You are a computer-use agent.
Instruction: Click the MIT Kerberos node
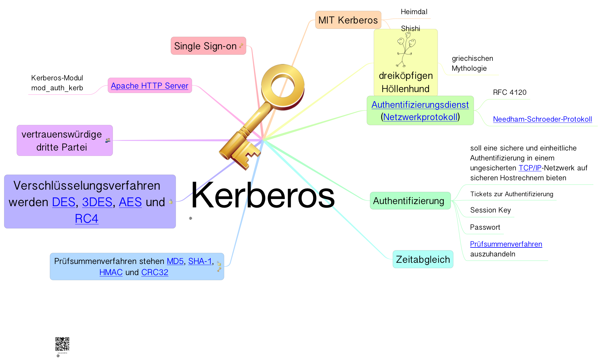coord(348,20)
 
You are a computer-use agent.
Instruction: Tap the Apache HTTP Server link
coord(149,86)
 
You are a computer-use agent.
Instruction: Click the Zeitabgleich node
coord(423,259)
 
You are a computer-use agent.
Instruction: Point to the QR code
coord(62,344)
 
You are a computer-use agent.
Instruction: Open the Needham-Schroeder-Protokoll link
coord(542,119)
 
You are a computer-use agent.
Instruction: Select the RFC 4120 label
coord(510,92)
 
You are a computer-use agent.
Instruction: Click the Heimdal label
coord(414,12)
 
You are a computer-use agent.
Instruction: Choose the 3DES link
coord(97,202)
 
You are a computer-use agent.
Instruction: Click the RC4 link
coord(87,219)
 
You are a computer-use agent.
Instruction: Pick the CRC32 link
coord(155,272)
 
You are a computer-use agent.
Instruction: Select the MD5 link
coord(175,261)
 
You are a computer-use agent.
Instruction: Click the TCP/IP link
coord(530,168)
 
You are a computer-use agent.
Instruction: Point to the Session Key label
coord(490,210)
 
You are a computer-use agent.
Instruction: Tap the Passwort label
coord(485,227)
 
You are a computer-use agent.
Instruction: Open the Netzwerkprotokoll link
coord(420,117)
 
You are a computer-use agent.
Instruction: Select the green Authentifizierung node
coord(408,201)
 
